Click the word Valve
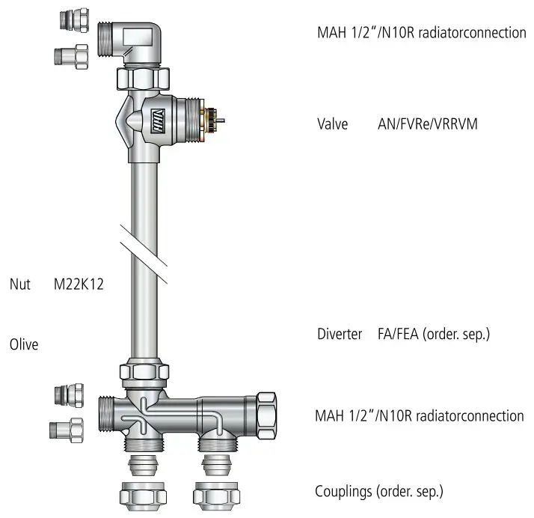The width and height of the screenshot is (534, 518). [x=333, y=124]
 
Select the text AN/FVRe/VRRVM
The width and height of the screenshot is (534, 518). [x=427, y=124]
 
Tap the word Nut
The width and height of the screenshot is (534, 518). [x=19, y=284]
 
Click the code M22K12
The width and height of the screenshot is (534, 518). [x=78, y=284]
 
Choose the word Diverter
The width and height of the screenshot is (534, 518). [x=340, y=334]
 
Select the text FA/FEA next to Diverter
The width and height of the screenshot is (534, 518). [x=399, y=334]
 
